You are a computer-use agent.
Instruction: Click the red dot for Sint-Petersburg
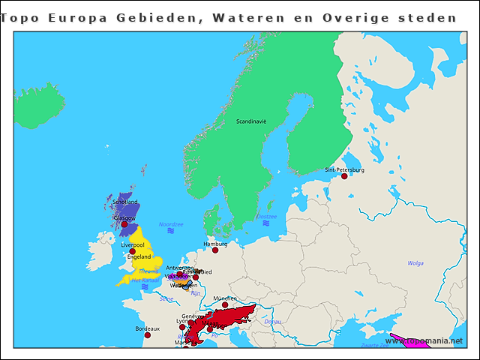(344, 176)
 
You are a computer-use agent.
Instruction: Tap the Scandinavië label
(251, 121)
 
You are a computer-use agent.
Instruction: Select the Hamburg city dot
(215, 250)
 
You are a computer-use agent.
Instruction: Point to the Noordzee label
(171, 224)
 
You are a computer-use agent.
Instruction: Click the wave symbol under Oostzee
(266, 223)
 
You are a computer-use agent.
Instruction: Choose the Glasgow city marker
(124, 224)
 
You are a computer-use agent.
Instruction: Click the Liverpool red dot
(133, 251)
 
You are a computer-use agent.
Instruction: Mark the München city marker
(225, 304)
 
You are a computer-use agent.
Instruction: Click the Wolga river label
(415, 263)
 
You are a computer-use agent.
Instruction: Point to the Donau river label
(272, 322)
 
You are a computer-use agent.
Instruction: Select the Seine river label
(166, 298)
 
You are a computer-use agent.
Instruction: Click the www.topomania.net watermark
(430, 340)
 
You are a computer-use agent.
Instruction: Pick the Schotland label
(125, 202)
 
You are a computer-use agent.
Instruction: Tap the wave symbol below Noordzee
(171, 232)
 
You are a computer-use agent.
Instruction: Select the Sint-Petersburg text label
(344, 169)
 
